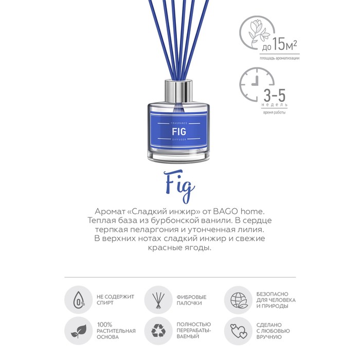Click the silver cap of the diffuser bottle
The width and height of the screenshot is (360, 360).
pos(178,92)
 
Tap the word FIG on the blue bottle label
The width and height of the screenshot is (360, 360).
pos(179,132)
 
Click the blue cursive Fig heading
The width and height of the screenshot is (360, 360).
pos(181,186)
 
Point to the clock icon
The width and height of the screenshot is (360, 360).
pos(255,84)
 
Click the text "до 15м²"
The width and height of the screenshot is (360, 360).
pos(279,45)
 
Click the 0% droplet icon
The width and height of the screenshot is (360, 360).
pos(79,300)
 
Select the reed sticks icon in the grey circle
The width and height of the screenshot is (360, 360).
pos(158,300)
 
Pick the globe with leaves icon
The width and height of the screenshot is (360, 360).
pos(238,300)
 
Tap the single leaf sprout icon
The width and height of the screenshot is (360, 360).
pos(79,331)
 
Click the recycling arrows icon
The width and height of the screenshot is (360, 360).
pos(158,331)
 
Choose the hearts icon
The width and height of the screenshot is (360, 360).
pos(239,331)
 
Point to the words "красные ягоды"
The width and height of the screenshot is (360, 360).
pos(179,248)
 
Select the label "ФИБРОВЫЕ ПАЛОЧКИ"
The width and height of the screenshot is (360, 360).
pos(191,300)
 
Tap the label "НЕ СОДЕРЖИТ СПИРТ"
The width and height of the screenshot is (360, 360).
pos(115,300)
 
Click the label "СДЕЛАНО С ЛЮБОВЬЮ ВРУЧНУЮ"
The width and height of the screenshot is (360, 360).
pos(273,331)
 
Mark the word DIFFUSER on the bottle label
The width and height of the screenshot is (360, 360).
pos(179,139)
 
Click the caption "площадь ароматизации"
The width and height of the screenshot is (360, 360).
pos(279,58)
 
